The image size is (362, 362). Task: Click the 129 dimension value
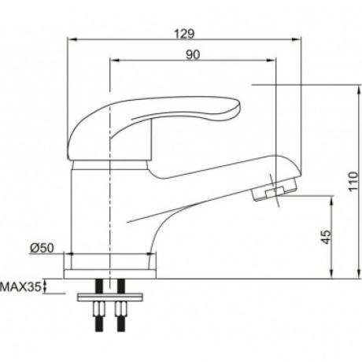184,34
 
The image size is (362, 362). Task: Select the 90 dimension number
193,54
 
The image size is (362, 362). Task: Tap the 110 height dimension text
353,182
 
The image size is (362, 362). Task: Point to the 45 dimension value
327,237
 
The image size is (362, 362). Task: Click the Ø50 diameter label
42,248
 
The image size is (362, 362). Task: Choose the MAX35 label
20,287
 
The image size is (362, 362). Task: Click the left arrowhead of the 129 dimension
72,39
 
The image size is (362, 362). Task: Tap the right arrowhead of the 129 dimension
297,39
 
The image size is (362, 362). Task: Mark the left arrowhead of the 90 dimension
115,61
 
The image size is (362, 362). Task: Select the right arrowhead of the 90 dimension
271,61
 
